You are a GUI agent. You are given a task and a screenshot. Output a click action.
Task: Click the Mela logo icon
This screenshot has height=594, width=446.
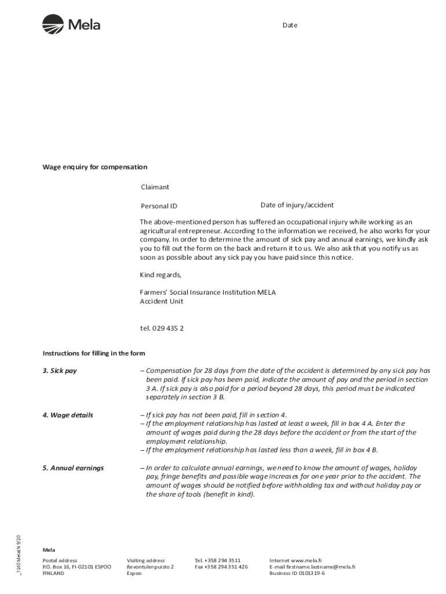[x=53, y=25]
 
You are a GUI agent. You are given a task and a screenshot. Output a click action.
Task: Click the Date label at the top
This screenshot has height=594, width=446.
[x=290, y=26]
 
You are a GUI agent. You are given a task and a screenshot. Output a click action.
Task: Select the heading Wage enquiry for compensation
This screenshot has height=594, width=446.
[x=95, y=167]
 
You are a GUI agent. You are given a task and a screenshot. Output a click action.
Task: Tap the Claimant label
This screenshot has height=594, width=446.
[x=155, y=187]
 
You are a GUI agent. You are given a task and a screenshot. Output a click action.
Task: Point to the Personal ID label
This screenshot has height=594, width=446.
[x=159, y=206]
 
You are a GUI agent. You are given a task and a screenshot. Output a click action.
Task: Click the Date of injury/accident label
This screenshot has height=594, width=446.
[x=297, y=205]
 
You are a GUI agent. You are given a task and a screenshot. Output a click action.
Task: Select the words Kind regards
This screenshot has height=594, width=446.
[x=160, y=275]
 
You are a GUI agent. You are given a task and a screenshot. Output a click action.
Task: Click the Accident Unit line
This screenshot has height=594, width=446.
[x=162, y=302]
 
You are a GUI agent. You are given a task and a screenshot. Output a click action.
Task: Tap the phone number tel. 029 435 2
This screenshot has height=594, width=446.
[x=162, y=328]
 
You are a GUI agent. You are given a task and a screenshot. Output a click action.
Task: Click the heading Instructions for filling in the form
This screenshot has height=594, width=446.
[x=94, y=353]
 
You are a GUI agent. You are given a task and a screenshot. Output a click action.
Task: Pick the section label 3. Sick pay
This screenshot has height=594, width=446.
[x=60, y=371]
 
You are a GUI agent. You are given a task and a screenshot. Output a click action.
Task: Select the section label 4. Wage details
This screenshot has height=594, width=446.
[x=68, y=415]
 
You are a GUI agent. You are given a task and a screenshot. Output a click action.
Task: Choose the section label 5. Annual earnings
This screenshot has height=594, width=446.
[x=73, y=468]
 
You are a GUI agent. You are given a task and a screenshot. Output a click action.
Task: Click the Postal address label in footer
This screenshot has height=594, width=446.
[x=60, y=560]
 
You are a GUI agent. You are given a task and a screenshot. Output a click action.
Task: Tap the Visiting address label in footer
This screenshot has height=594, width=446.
[x=146, y=560]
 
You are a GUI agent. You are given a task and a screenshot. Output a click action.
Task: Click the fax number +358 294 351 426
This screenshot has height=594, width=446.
[x=221, y=567]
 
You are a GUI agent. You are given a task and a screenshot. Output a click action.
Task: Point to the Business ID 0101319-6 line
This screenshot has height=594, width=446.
[x=297, y=573]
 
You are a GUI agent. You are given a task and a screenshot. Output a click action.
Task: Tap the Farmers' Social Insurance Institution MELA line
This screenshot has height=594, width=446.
[x=208, y=292]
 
